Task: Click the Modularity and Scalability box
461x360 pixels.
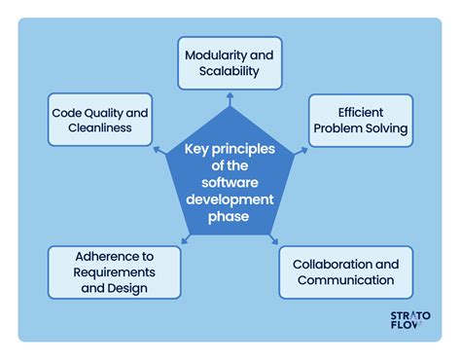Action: [x=230, y=64]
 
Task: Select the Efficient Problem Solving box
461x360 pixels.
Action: [x=360, y=121]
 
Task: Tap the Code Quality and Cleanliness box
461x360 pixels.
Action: [x=99, y=121]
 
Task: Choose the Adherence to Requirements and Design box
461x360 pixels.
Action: [x=115, y=271]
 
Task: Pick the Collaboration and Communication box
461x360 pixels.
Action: [x=346, y=271]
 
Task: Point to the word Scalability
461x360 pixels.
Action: [x=230, y=73]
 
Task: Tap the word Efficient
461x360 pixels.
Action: [x=361, y=112]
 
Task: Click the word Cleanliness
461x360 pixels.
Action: [x=99, y=129]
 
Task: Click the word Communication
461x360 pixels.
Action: [x=346, y=280]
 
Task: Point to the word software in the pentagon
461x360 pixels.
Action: [x=230, y=182]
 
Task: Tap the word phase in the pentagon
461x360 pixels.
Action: [x=230, y=216]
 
